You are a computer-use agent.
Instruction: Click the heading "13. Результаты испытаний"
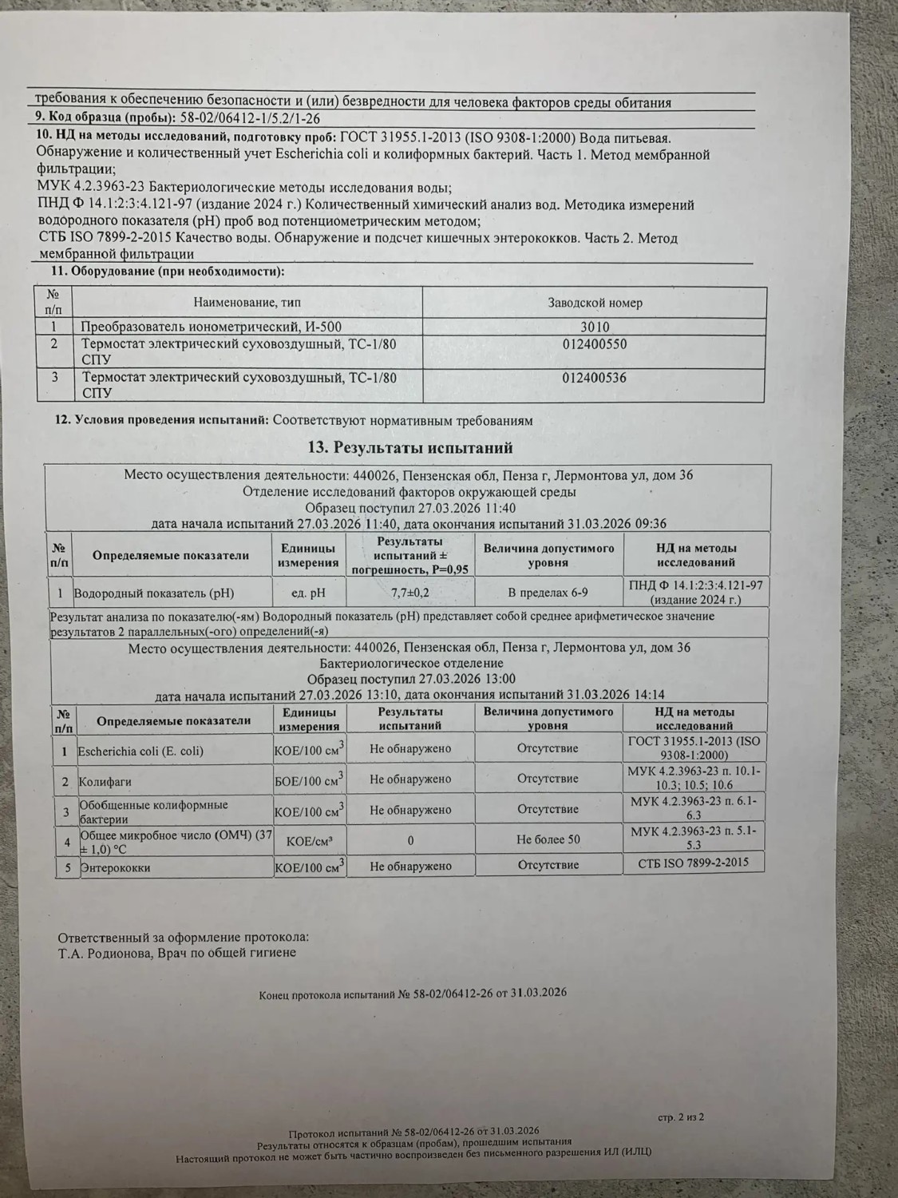pyautogui.click(x=410, y=447)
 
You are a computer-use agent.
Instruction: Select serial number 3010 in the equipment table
pyautogui.click(x=594, y=327)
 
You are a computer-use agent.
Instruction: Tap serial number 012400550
pyautogui.click(x=594, y=345)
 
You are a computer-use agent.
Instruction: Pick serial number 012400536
pyautogui.click(x=594, y=378)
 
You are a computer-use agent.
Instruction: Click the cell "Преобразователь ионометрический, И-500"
pyautogui.click(x=212, y=327)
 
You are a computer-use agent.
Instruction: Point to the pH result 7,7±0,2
pyautogui.click(x=410, y=593)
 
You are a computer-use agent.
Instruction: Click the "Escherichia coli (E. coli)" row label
pyautogui.click(x=140, y=751)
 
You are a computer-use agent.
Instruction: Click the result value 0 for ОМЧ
pyautogui.click(x=410, y=840)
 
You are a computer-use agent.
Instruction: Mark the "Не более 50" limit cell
pyautogui.click(x=548, y=839)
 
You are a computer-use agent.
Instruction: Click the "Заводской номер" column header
pyautogui.click(x=595, y=303)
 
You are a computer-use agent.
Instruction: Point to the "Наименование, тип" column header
pyautogui.click(x=247, y=303)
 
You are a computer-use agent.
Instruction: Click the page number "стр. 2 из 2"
pyautogui.click(x=681, y=1117)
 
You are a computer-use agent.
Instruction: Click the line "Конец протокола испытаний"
pyautogui.click(x=413, y=994)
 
